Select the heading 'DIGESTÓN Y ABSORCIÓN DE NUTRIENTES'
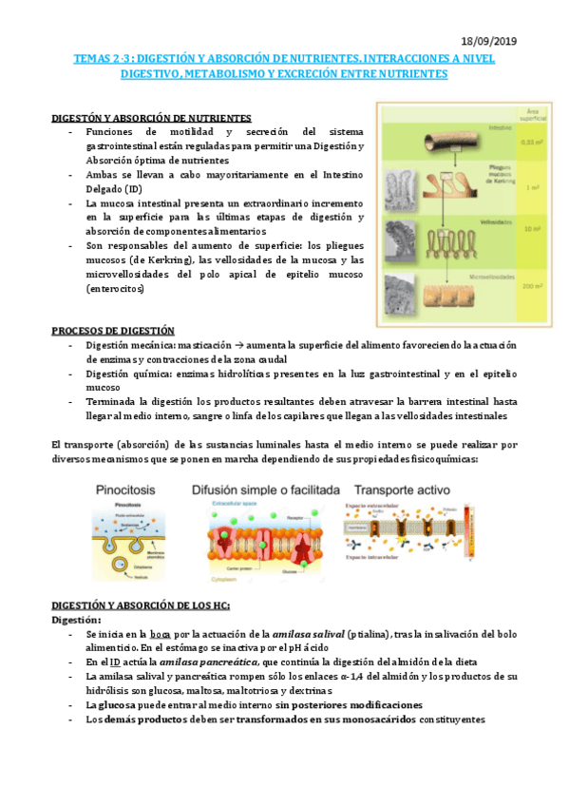pyautogui.click(x=150, y=118)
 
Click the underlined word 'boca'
pyautogui.click(x=162, y=634)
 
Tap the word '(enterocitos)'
pyautogui.click(x=114, y=288)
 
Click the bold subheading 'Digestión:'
pyautogui.click(x=79, y=620)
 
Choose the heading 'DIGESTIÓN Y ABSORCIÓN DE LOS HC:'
pyautogui.click(x=141, y=606)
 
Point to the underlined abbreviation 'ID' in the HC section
pyautogui.click(x=115, y=662)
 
